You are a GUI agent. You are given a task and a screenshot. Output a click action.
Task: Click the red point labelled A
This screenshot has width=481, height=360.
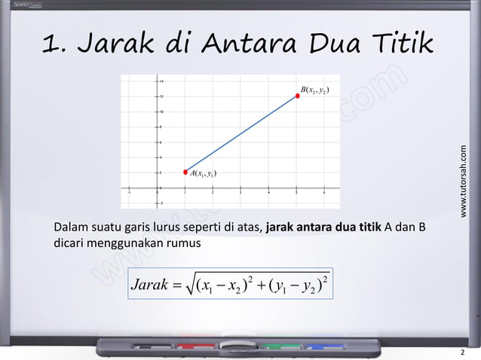click(185, 172)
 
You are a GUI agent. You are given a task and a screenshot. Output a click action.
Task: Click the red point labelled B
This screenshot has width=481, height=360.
click(298, 96)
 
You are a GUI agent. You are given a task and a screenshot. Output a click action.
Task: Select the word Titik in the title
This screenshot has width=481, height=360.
click(395, 45)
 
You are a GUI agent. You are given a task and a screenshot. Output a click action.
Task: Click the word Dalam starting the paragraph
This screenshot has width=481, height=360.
click(69, 227)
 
